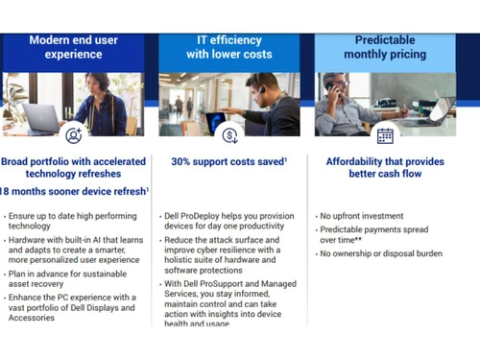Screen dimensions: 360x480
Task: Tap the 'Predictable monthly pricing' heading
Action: pos(385,47)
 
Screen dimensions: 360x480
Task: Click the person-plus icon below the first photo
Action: pos(74,135)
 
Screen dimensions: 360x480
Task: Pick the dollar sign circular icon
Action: pos(229,135)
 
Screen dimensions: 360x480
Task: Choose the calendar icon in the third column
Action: pos(385,135)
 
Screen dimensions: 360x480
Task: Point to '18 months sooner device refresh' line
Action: pos(74,191)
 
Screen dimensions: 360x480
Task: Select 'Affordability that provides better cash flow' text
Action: pos(385,169)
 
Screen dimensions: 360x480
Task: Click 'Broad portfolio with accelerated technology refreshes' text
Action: pos(74,169)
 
